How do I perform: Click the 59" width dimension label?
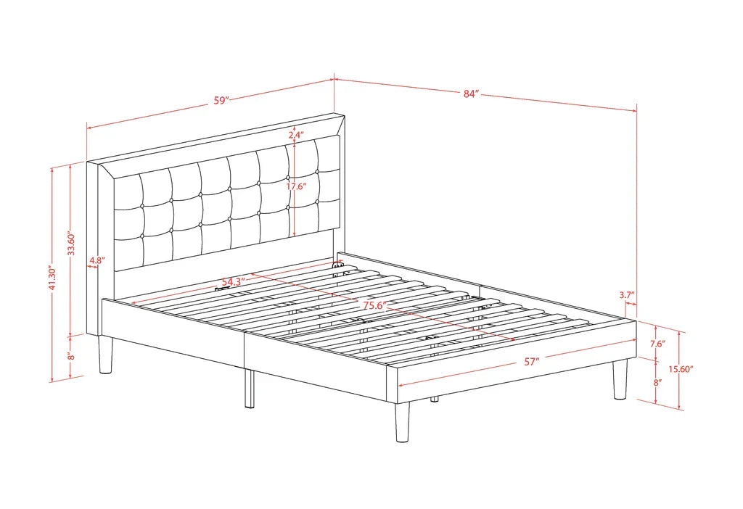(x=221, y=100)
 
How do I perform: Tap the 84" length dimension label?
(x=471, y=94)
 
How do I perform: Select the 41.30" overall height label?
(x=52, y=278)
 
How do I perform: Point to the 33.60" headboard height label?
(x=72, y=244)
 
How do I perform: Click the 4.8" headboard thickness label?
(x=97, y=260)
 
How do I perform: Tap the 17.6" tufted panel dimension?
(x=296, y=186)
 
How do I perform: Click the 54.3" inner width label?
(x=233, y=282)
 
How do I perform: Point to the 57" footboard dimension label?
(x=532, y=362)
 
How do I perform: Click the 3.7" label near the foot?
(x=626, y=295)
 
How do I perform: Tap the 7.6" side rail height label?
(x=657, y=344)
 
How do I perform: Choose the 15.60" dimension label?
(x=681, y=369)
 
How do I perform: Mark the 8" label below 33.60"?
(x=71, y=355)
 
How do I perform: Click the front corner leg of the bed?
(x=402, y=422)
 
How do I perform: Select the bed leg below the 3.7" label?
(x=620, y=378)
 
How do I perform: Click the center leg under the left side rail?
(x=250, y=389)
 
